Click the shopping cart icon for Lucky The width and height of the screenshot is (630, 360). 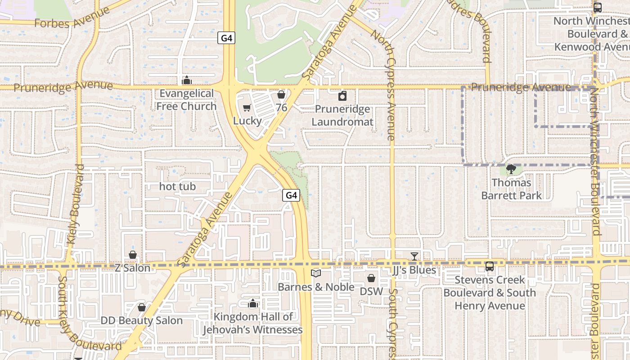pyautogui.click(x=247, y=108)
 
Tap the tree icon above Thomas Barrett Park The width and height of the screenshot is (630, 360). pyautogui.click(x=511, y=170)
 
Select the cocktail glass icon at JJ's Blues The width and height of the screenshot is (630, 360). pyautogui.click(x=414, y=256)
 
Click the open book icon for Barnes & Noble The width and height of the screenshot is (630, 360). pyautogui.click(x=316, y=273)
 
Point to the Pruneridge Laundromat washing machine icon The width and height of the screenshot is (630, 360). pyautogui.click(x=342, y=96)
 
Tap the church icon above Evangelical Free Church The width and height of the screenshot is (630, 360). pyautogui.click(x=186, y=81)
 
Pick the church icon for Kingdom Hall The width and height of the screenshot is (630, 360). pyautogui.click(x=253, y=304)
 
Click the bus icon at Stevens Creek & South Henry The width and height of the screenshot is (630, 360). pyautogui.click(x=490, y=266)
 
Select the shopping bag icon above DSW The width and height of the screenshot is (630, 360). pyautogui.click(x=371, y=278)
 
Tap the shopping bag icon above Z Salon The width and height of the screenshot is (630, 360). pyautogui.click(x=133, y=255)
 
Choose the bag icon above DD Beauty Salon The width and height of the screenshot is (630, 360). pyautogui.click(x=142, y=307)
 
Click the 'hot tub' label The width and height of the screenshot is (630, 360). pyautogui.click(x=178, y=186)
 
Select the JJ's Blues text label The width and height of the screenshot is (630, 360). pyautogui.click(x=414, y=270)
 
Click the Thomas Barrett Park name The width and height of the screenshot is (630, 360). pyautogui.click(x=511, y=189)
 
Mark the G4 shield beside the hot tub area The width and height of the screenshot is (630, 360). pyautogui.click(x=291, y=195)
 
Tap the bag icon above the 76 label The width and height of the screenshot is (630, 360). pyautogui.click(x=281, y=95)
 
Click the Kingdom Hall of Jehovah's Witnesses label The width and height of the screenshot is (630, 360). pyautogui.click(x=252, y=323)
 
